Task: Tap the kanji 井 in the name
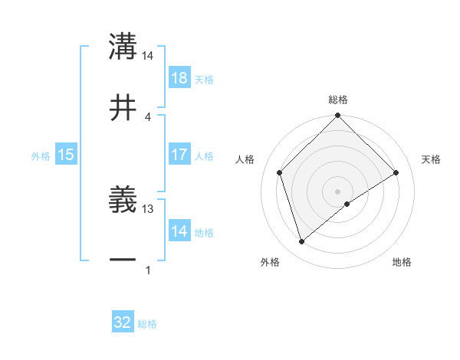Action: pos(123,107)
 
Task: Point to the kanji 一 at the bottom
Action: pos(123,260)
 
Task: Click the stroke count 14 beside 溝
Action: pos(148,56)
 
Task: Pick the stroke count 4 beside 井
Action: pos(147,116)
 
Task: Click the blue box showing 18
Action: pos(179,78)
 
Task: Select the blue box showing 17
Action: pos(179,155)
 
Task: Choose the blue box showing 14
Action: pos(179,231)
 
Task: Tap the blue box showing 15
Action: pos(66,155)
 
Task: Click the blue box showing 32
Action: pos(123,322)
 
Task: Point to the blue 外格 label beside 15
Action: pos(41,156)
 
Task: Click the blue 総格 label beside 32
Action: pos(147,324)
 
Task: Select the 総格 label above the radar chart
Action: pos(338,100)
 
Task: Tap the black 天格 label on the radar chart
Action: pos(431,159)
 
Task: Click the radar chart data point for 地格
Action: pos(347,204)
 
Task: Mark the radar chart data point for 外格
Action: pos(301,242)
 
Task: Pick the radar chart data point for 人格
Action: pos(280,172)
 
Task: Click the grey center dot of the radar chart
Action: pos(338,191)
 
